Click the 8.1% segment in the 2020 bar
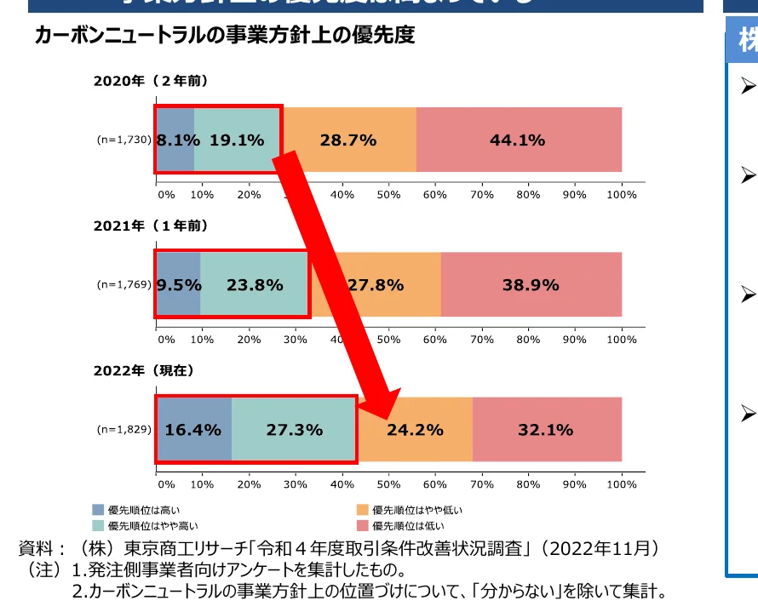tap(175, 140)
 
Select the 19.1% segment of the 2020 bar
tap(237, 140)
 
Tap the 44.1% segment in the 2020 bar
tap(518, 140)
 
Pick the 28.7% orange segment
tap(348, 140)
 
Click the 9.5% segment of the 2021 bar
tap(178, 285)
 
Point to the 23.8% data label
tap(255, 285)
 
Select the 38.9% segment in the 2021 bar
tap(531, 285)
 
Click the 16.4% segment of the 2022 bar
tap(193, 430)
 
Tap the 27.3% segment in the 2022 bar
tap(295, 430)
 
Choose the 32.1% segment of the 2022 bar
tap(546, 430)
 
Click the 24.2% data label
tap(415, 430)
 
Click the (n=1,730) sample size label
tap(123, 140)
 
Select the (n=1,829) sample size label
tap(123, 430)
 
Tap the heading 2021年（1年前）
tap(151, 226)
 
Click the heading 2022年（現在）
tap(144, 370)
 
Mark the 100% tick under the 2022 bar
tap(621, 483)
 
